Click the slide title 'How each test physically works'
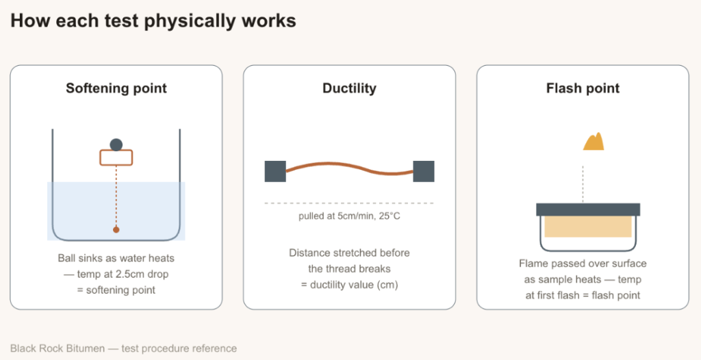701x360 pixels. point(153,21)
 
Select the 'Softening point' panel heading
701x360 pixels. point(116,88)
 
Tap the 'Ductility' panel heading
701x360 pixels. point(349,88)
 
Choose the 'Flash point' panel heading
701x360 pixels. point(583,88)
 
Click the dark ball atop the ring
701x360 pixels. point(116,144)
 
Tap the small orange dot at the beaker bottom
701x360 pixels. point(116,229)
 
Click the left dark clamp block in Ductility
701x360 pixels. point(275,171)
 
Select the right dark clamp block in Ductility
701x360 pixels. point(423,171)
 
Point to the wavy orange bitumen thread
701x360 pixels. point(349,168)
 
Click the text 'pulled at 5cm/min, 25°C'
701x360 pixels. point(349,217)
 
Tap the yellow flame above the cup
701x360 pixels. point(594,142)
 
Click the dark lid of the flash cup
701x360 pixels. point(588,209)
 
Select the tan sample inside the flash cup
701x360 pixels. point(588,227)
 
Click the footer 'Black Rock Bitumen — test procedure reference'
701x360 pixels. point(123,348)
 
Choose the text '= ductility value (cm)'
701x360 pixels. point(349,285)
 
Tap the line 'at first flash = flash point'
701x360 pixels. point(583,295)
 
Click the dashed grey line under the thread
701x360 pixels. point(349,203)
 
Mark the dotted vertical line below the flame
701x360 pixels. point(583,184)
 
